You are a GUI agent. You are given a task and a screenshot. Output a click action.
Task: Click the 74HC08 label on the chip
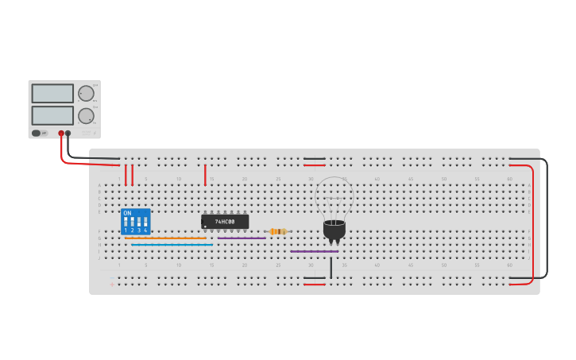pos(225,222)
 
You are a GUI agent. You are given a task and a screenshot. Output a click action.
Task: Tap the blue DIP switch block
pos(135,222)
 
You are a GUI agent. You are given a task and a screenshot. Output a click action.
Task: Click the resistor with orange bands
pos(277,231)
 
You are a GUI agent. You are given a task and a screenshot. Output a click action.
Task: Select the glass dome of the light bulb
pos(334,197)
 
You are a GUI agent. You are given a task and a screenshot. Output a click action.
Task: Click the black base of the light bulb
pos(334,230)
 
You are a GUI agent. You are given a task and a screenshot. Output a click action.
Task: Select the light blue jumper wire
pos(172,245)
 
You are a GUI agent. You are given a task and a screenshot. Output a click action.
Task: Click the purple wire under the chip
pos(242,238)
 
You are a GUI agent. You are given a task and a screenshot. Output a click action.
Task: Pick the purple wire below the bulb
pos(314,251)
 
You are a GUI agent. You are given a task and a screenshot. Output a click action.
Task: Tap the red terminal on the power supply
pos(61,134)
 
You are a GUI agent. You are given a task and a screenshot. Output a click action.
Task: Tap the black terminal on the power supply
pos(68,134)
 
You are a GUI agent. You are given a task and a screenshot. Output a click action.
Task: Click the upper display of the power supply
pos(52,93)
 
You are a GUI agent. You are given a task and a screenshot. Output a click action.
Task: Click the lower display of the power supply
pos(52,115)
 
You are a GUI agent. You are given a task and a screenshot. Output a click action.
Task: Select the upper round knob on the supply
pos(86,93)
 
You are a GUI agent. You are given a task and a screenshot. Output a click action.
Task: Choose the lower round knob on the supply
pos(86,116)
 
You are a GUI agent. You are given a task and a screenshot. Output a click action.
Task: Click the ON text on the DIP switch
pos(127,213)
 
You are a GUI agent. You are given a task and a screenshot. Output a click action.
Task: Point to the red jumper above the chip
pos(205,175)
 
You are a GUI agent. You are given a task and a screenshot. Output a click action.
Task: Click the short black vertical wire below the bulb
pos(331,266)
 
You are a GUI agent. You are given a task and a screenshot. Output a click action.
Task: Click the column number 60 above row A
pos(509,179)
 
